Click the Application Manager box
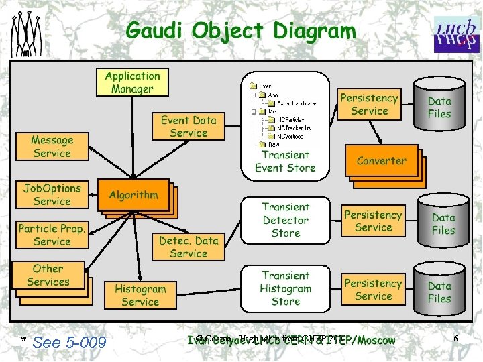click(x=132, y=82)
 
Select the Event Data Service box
click(x=188, y=127)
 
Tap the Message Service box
click(x=52, y=147)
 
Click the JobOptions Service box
click(x=52, y=195)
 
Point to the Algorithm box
click(x=133, y=195)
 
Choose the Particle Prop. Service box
click(x=52, y=235)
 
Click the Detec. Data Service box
click(x=189, y=247)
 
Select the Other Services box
click(x=48, y=276)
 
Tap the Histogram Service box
click(x=140, y=295)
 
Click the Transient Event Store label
click(x=285, y=162)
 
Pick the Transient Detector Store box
click(x=285, y=220)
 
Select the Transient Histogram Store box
click(x=285, y=288)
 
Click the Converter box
click(x=381, y=161)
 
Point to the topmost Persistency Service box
click(x=369, y=105)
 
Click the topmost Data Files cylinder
click(x=439, y=107)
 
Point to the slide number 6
click(x=455, y=339)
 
